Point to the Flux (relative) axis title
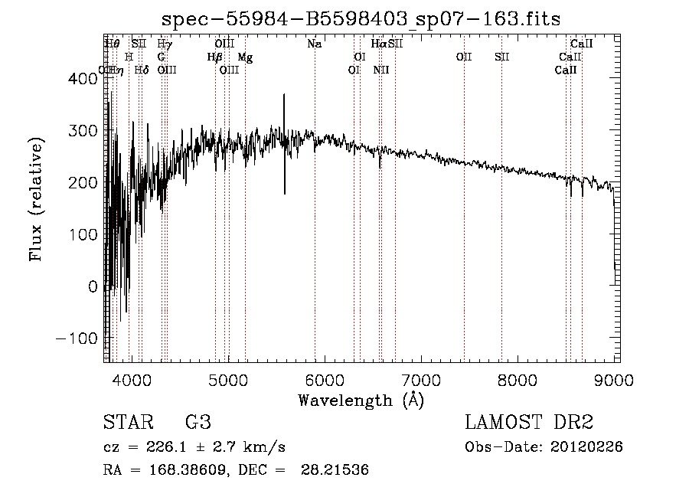(35, 198)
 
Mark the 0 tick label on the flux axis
(93, 286)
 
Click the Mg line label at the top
(245, 57)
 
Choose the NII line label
(381, 70)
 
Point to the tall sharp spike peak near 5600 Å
(284, 95)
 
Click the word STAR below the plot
(127, 422)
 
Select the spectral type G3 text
(197, 422)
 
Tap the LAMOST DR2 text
(529, 422)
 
